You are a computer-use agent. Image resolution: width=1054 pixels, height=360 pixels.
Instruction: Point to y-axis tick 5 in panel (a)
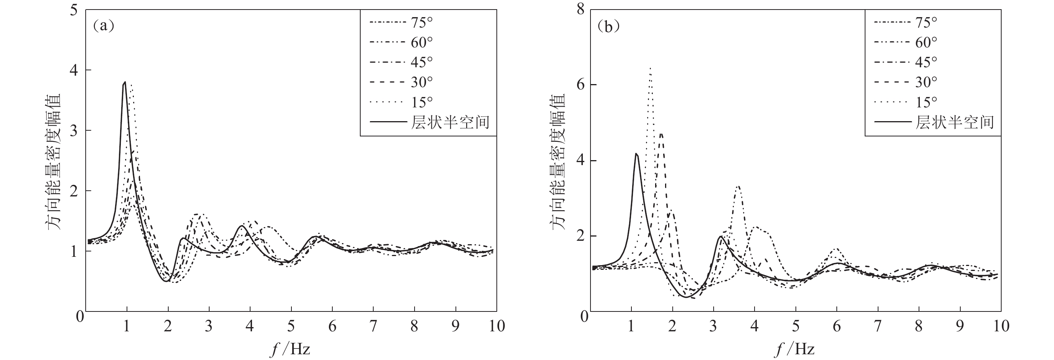point(74,10)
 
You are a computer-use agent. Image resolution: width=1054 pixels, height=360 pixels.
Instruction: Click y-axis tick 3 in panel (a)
point(74,130)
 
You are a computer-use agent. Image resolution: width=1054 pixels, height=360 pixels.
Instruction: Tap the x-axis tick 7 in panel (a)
point(373,326)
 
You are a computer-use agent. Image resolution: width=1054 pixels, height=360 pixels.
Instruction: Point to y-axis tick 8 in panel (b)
point(580,10)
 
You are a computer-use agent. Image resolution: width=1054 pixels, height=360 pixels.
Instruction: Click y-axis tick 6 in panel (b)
point(580,85)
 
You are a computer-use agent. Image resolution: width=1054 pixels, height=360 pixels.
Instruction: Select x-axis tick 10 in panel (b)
point(1001,326)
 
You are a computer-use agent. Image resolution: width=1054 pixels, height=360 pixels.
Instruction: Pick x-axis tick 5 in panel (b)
point(795,326)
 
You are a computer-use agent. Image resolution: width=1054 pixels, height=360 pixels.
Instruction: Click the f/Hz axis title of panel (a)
point(291,349)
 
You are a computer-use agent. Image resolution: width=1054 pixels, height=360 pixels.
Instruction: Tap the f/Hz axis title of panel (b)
point(795,349)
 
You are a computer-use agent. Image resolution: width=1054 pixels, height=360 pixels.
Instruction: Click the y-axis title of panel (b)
point(558,162)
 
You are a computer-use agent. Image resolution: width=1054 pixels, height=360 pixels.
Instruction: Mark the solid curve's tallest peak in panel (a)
point(125,82)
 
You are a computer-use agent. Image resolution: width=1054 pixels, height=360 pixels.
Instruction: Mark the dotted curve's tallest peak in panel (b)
point(650,68)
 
